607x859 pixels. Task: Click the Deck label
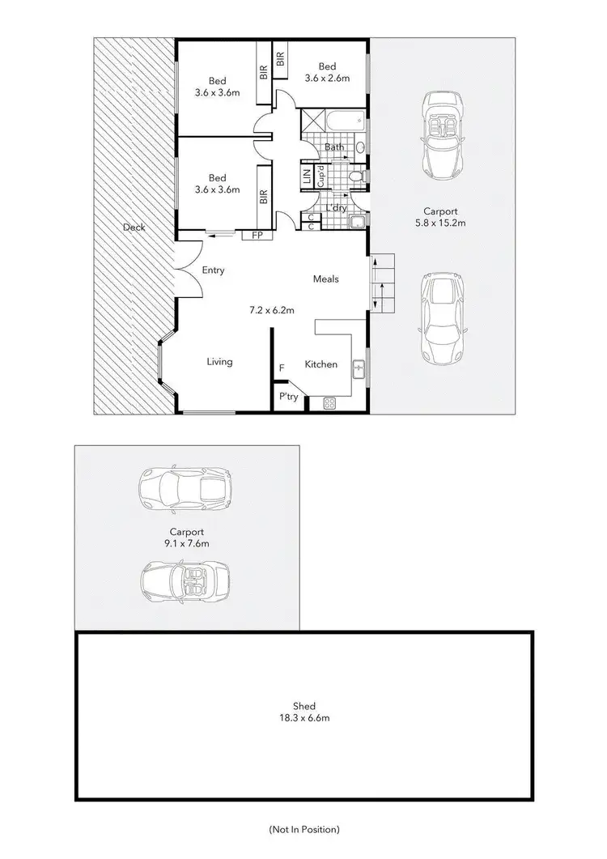pos(134,228)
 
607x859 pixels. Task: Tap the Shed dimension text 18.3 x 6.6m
pos(304,717)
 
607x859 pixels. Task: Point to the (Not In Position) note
pos(303,829)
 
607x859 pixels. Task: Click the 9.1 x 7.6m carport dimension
pos(186,544)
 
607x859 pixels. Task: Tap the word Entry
pos(213,270)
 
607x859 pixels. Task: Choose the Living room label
pos(219,362)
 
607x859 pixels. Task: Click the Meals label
pos(326,279)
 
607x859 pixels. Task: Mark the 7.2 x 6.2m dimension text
pos(270,309)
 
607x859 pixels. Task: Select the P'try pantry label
pos(287,397)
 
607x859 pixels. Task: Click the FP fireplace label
pos(257,236)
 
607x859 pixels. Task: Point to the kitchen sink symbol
pos(358,368)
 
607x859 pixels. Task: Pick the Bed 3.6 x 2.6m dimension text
pos(327,79)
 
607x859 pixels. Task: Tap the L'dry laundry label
pos(336,208)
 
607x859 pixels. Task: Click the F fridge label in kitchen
pos(281,368)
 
